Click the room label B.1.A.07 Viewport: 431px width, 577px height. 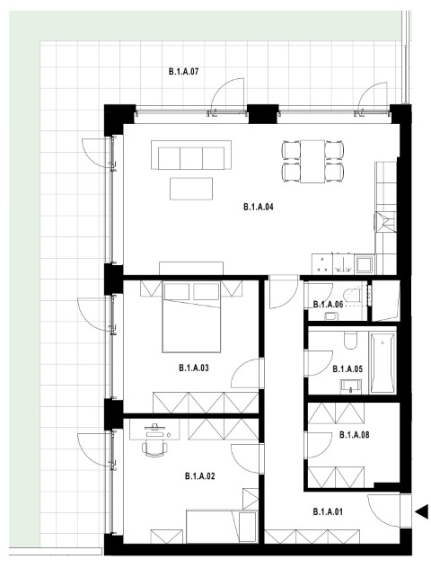click(x=183, y=71)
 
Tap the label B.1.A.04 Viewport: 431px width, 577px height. click(x=259, y=207)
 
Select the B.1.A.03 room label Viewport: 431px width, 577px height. click(x=194, y=368)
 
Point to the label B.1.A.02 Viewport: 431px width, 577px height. click(x=199, y=476)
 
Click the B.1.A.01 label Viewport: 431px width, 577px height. click(x=328, y=511)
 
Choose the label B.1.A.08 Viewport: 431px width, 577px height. click(x=354, y=435)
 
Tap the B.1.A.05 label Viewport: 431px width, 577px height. click(x=347, y=368)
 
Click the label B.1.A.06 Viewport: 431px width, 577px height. click(x=328, y=305)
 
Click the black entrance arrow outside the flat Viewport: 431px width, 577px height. click(x=422, y=511)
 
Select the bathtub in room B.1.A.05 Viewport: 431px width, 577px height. click(x=383, y=363)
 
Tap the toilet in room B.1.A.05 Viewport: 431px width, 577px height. click(x=350, y=341)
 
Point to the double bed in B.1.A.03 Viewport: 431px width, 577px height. click(x=191, y=316)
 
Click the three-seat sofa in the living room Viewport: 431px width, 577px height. click(x=191, y=155)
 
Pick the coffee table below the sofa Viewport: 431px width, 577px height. click(x=191, y=189)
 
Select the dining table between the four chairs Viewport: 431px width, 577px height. click(x=312, y=161)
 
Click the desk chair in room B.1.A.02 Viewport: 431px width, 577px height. click(x=154, y=448)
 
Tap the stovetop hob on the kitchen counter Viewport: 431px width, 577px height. click(x=322, y=264)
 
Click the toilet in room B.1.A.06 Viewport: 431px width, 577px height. click(x=352, y=297)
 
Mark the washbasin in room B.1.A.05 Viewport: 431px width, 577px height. click(x=351, y=386)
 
